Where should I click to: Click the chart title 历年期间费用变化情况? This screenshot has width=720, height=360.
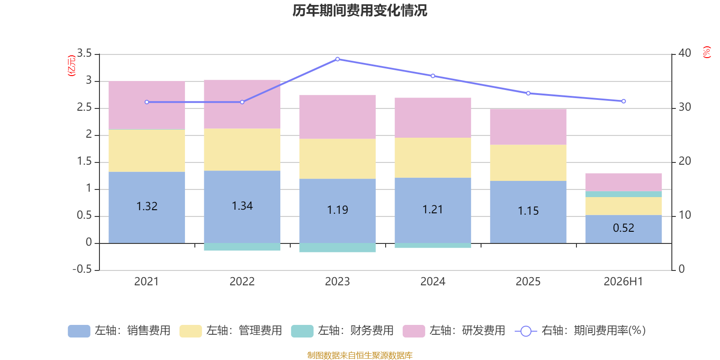(x=360, y=11)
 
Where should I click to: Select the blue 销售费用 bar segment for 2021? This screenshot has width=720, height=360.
(x=147, y=207)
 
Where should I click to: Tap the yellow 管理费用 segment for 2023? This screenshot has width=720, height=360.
(x=337, y=159)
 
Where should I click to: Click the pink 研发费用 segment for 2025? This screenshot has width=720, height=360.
(x=528, y=127)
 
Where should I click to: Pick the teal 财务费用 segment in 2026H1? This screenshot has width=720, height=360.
(x=624, y=194)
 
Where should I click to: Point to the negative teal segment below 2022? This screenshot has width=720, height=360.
(x=242, y=247)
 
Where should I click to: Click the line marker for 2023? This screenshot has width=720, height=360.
(x=337, y=59)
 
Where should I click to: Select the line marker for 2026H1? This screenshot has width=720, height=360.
(x=624, y=101)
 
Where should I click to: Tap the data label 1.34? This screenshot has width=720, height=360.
(x=242, y=206)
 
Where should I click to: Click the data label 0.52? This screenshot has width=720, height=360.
(x=624, y=228)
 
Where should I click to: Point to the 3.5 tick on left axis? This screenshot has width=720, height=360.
(x=84, y=53)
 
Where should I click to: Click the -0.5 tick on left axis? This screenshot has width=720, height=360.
(x=82, y=269)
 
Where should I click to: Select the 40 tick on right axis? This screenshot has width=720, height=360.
(x=684, y=53)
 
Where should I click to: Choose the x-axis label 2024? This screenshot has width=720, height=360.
(x=432, y=282)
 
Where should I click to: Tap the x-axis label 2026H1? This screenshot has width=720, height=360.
(x=623, y=282)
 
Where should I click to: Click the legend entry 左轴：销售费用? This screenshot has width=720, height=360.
(x=119, y=331)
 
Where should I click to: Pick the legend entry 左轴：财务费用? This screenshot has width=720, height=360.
(x=342, y=331)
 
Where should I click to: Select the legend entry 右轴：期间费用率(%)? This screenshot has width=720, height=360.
(x=580, y=331)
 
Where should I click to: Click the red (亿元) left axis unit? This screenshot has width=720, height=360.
(x=72, y=66)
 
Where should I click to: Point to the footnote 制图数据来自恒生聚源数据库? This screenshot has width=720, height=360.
(x=360, y=355)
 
